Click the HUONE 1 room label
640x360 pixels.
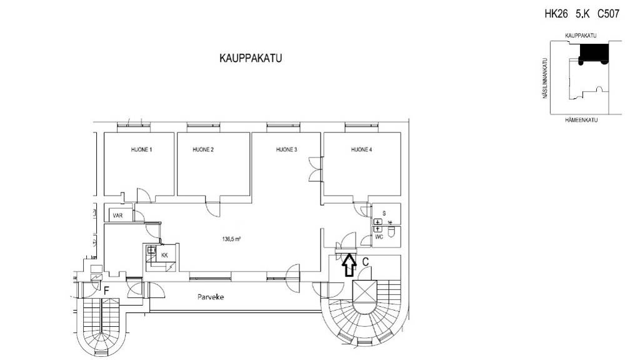tap(141, 150)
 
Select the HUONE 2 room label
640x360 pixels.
tap(203, 150)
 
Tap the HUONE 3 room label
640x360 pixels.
tap(286, 150)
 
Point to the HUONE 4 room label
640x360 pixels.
tap(362, 150)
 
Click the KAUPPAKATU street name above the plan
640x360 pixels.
tap(251, 58)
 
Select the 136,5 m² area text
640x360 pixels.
tap(231, 239)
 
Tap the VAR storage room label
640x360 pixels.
tap(117, 216)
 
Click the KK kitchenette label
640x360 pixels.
tap(164, 256)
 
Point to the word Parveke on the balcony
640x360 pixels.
tap(211, 297)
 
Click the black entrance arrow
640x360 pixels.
tap(348, 265)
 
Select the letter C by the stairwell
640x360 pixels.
tap(366, 262)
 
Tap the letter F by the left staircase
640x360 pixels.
tap(106, 291)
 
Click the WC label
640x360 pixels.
tap(379, 237)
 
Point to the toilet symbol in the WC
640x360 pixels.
tap(391, 232)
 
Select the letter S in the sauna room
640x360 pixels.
tap(384, 214)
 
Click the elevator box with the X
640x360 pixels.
tap(362, 291)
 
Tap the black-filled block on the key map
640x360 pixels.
tap(594, 53)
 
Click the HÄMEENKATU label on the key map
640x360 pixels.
tap(581, 120)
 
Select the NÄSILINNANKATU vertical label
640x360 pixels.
tap(545, 78)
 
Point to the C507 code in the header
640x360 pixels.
tap(608, 14)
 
